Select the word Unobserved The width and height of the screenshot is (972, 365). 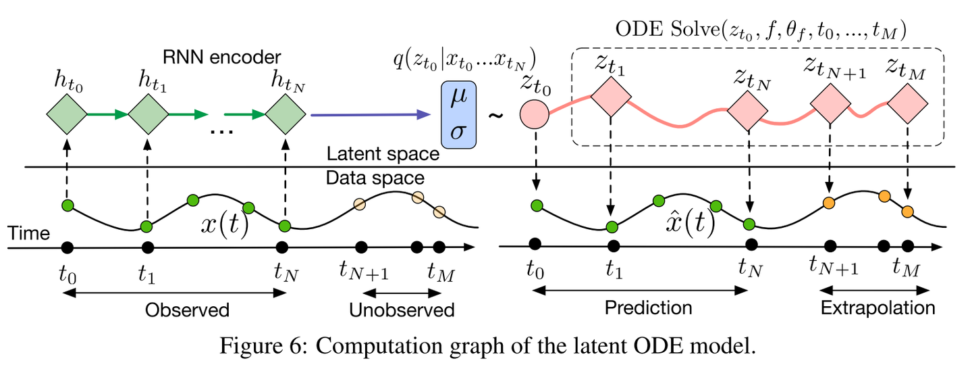(x=402, y=310)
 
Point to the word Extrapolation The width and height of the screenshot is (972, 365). (x=878, y=308)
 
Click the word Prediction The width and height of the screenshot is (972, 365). (x=648, y=308)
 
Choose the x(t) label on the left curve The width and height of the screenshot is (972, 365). (x=225, y=225)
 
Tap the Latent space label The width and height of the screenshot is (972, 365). (x=383, y=155)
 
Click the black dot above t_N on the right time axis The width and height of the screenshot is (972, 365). (x=749, y=245)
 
